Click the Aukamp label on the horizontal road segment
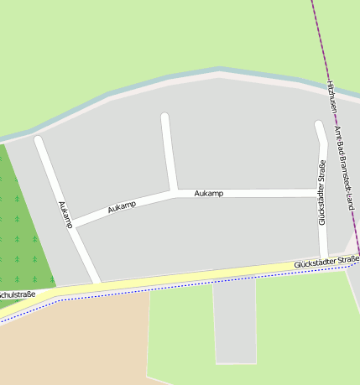pyautogui.click(x=209, y=194)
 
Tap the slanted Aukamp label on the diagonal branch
pyautogui.click(x=122, y=206)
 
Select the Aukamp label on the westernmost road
pyautogui.click(x=64, y=214)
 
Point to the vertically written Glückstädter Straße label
pyautogui.click(x=321, y=193)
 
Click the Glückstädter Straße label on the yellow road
pyautogui.click(x=326, y=263)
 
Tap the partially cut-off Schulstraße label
pyautogui.click(x=17, y=294)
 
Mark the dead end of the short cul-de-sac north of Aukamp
pyautogui.click(x=165, y=117)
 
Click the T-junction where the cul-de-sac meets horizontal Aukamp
pyautogui.click(x=174, y=193)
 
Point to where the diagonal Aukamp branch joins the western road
pyautogui.click(x=73, y=225)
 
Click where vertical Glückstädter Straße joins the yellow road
pyautogui.click(x=324, y=259)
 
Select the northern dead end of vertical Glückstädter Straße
pyautogui.click(x=318, y=126)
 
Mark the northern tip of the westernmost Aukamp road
pyautogui.click(x=38, y=140)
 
